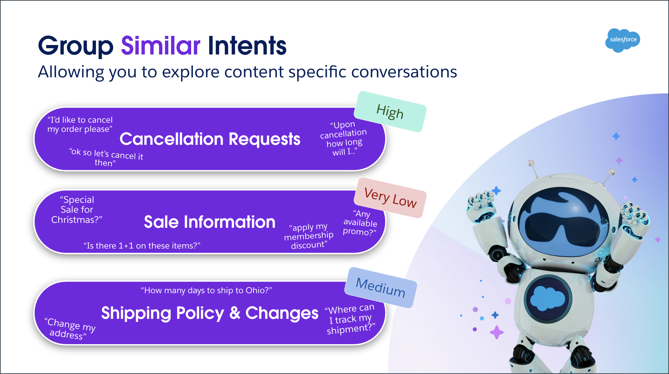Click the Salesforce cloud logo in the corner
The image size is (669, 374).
point(623,40)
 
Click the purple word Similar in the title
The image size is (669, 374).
point(161,46)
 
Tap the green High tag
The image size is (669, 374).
point(390,112)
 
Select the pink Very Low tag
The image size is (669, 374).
point(390,198)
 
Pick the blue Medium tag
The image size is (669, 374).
point(381,288)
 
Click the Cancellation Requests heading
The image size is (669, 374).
point(210,139)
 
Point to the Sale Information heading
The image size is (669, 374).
point(209,222)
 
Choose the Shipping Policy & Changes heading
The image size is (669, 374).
point(210,313)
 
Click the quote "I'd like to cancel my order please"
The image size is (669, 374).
point(80,124)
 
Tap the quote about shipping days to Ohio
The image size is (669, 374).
point(206,290)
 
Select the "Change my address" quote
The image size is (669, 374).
point(70,329)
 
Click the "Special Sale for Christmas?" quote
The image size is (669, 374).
point(77,209)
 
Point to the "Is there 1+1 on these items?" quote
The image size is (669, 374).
point(142,246)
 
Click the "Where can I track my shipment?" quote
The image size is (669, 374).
point(350,319)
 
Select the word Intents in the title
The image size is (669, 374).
point(247,46)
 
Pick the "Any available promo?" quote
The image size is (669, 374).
point(360,223)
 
